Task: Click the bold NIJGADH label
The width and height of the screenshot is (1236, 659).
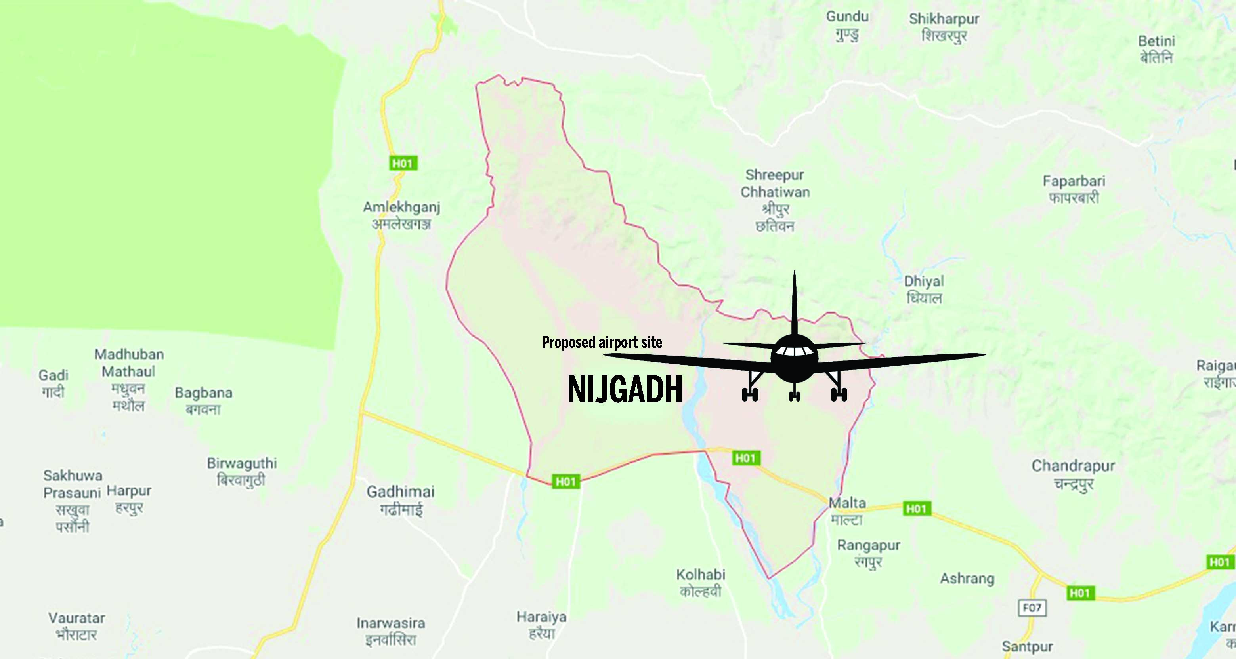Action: (625, 389)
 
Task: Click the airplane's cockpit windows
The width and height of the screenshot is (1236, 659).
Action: (794, 350)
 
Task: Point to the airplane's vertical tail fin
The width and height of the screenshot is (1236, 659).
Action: (794, 302)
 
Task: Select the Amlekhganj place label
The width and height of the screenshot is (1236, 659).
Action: (401, 215)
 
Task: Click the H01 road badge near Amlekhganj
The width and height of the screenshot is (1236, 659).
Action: (403, 164)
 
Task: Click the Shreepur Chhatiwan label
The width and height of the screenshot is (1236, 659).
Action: (775, 200)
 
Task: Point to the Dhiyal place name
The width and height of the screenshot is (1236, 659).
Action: (924, 289)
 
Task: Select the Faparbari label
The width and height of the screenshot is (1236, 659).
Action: (1074, 189)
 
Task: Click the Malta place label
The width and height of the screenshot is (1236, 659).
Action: (847, 511)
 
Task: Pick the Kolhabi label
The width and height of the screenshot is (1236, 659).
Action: (701, 583)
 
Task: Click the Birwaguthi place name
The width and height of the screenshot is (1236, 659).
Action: (242, 471)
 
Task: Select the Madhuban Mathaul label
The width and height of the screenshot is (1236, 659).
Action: (128, 380)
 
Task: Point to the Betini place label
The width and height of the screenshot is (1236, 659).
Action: (1156, 50)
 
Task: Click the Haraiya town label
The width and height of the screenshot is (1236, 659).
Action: (541, 625)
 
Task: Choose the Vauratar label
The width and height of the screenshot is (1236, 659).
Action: (76, 626)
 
